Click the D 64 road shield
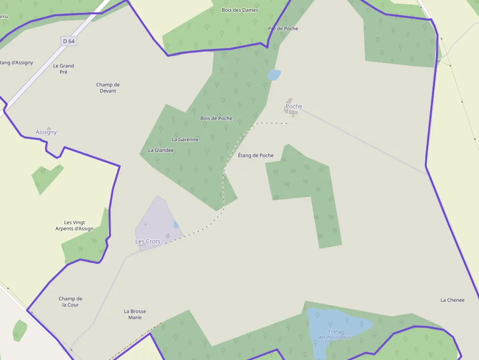pyautogui.click(x=69, y=41)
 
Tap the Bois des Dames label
pyautogui.click(x=240, y=10)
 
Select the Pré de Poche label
pyautogui.click(x=283, y=28)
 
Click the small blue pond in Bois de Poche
pyautogui.click(x=274, y=75)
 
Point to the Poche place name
pyautogui.click(x=294, y=106)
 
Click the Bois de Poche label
pyautogui.click(x=216, y=118)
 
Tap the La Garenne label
pyautogui.click(x=185, y=139)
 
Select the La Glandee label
pyautogui.click(x=161, y=150)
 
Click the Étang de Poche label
pyautogui.click(x=256, y=155)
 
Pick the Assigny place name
pyautogui.click(x=46, y=132)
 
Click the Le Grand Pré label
pyautogui.click(x=64, y=69)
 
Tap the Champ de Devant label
pyautogui.click(x=108, y=88)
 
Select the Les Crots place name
pyautogui.click(x=148, y=241)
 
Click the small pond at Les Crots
pyautogui.click(x=175, y=225)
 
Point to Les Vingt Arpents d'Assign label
pyautogui.click(x=74, y=226)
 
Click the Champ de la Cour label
pyautogui.click(x=70, y=302)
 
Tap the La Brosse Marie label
pyautogui.click(x=135, y=314)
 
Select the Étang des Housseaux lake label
pyautogui.click(x=335, y=334)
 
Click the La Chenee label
pyautogui.click(x=452, y=300)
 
